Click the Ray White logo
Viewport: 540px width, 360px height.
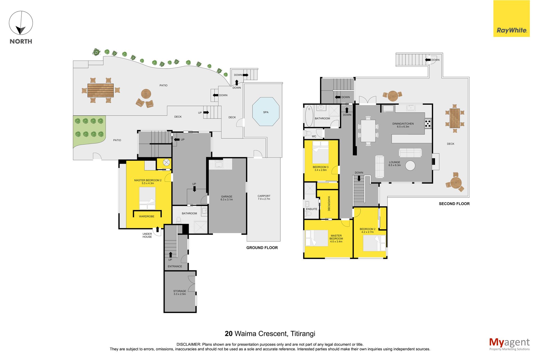tap(511, 19)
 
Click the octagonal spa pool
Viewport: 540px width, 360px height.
tap(266, 112)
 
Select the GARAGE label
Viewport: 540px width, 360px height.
tap(227, 197)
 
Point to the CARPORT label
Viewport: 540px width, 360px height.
tap(264, 196)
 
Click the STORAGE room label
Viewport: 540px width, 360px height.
tap(180, 291)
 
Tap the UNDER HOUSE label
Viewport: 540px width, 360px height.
tap(147, 235)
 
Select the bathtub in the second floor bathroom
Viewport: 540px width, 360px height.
tap(309, 116)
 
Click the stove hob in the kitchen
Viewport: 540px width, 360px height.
tap(428, 123)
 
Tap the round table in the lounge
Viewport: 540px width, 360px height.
tap(410, 165)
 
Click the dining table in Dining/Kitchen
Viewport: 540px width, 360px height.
tap(368, 131)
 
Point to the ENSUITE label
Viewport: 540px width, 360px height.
tap(311, 209)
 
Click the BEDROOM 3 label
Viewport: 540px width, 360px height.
tap(321, 167)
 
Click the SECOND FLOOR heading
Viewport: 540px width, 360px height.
tap(454, 204)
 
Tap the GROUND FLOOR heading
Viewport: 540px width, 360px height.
tap(262, 248)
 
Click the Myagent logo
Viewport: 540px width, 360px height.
tap(509, 344)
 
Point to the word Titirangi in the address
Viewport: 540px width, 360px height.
tap(303, 334)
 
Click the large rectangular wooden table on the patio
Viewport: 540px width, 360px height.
tap(100, 90)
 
